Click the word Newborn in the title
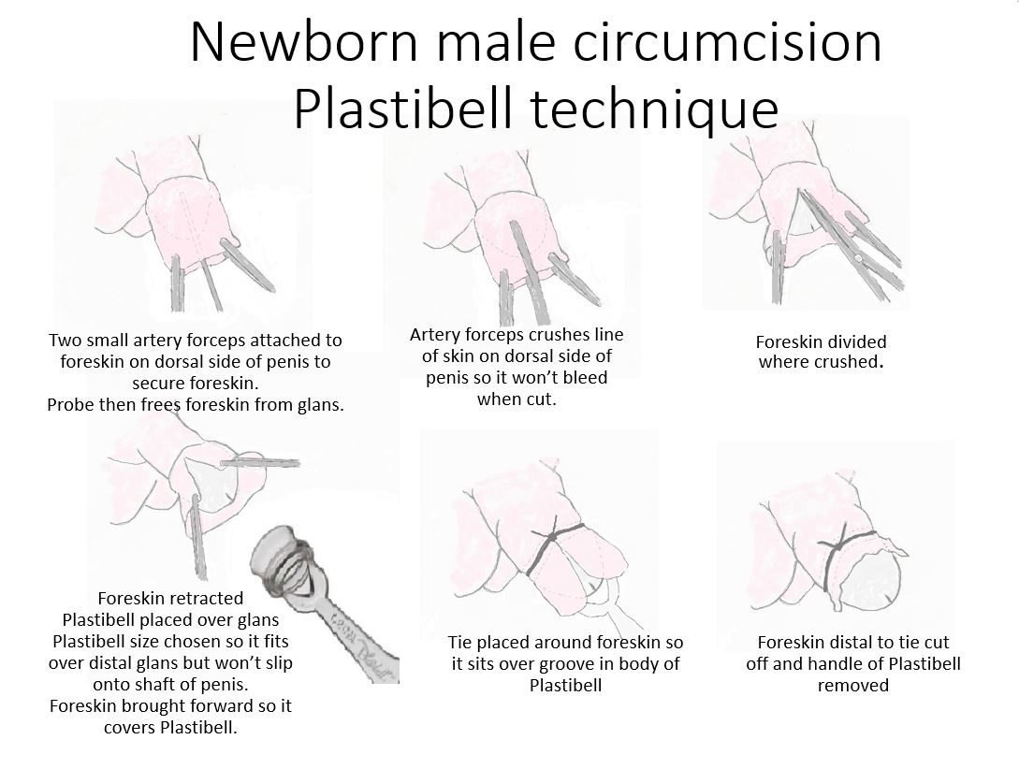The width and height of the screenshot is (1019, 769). (304, 42)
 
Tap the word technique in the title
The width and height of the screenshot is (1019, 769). (654, 109)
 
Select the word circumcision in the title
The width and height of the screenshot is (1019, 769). (727, 42)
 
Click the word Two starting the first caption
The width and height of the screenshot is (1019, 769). (64, 340)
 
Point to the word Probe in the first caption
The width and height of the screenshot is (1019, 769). (68, 405)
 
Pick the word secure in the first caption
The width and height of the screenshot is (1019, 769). (157, 384)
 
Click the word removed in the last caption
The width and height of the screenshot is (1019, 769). (852, 685)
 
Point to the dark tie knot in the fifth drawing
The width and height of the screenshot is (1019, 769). (552, 539)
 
